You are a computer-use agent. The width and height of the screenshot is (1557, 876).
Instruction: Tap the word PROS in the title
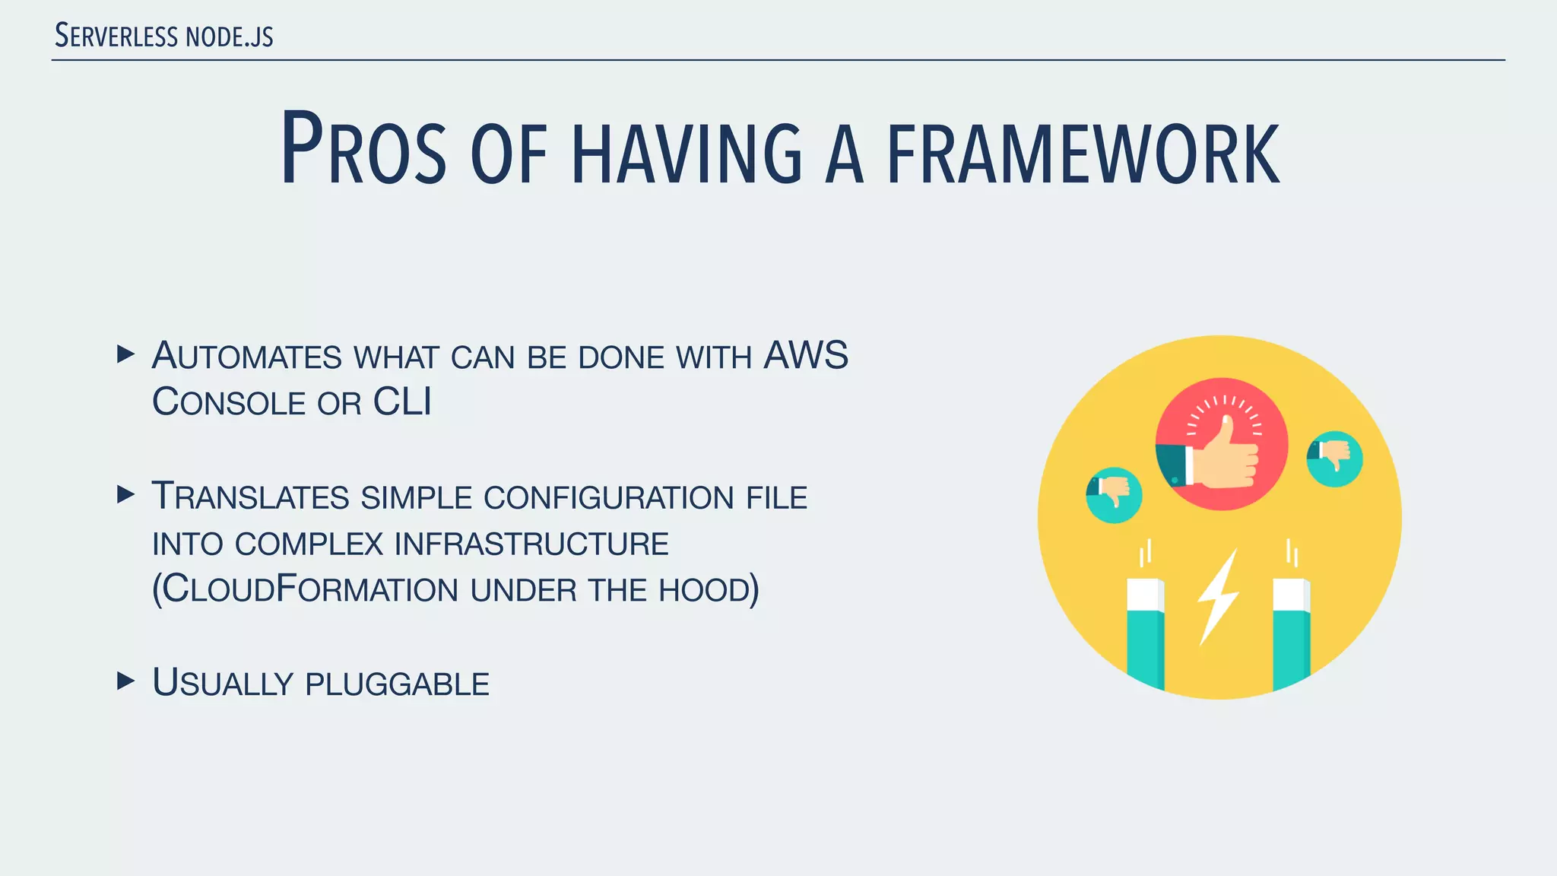pos(363,151)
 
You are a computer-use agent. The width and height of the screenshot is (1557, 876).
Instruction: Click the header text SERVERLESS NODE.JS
pos(164,36)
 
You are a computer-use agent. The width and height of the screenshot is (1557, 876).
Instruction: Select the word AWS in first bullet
pos(805,356)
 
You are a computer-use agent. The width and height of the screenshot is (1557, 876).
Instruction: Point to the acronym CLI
pos(402,402)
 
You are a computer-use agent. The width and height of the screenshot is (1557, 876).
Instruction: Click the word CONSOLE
pos(229,402)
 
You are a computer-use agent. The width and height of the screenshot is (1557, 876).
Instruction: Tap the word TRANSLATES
pos(250,497)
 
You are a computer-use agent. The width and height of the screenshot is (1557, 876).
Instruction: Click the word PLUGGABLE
pos(397,684)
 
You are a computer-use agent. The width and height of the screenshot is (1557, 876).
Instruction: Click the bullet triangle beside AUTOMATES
pos(126,354)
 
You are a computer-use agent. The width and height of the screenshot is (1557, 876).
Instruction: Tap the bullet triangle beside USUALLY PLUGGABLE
pos(126,681)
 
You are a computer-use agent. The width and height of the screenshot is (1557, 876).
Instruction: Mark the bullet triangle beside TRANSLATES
pos(126,495)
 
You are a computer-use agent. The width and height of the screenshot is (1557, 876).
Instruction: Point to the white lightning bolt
pos(1219,597)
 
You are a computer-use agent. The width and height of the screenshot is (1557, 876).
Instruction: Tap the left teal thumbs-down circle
pos(1114,495)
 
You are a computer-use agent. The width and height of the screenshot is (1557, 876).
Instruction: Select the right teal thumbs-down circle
pos(1334,459)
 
